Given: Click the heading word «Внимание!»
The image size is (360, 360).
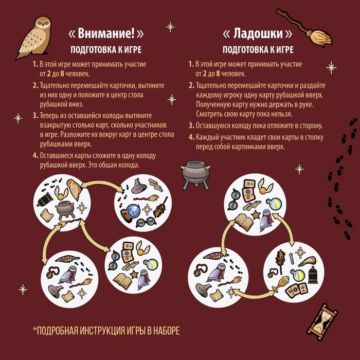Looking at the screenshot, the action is [106, 33].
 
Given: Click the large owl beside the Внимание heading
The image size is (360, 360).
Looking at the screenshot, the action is [34, 38].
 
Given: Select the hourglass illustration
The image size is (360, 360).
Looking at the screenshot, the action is [322, 322].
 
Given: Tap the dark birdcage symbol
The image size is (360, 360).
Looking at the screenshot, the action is [313, 275].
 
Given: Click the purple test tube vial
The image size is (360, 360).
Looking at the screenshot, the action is [292, 259].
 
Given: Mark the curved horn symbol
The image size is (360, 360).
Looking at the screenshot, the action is [307, 261].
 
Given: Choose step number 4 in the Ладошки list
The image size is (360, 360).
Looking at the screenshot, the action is [191, 137].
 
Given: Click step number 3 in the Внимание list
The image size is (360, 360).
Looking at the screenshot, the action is [35, 116].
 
